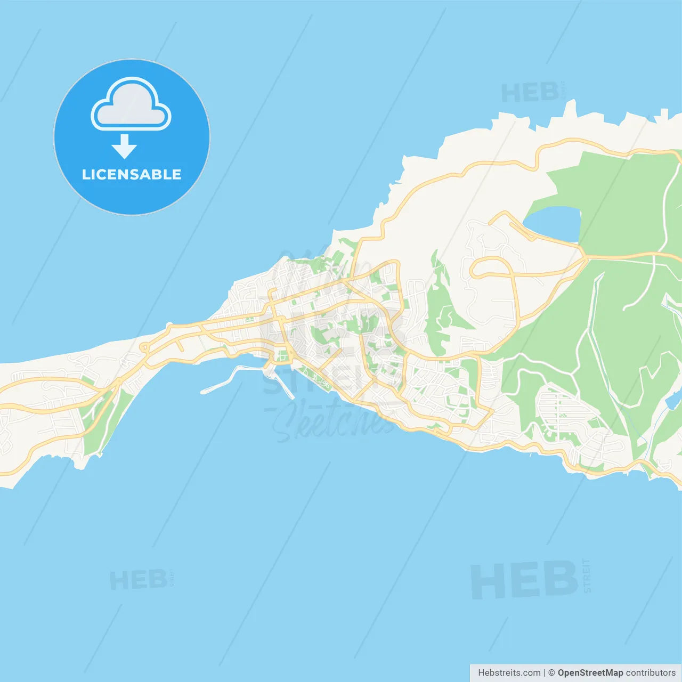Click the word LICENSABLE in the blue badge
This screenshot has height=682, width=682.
[x=132, y=174]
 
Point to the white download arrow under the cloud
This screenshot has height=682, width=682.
[x=124, y=147]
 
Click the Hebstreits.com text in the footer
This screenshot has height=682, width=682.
[x=509, y=673]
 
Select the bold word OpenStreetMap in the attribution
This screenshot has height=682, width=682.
[x=590, y=673]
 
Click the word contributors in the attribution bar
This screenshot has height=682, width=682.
[x=651, y=673]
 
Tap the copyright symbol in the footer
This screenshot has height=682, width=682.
[x=551, y=673]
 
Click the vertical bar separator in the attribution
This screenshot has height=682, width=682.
[x=545, y=673]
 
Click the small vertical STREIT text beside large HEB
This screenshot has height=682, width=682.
[x=587, y=576]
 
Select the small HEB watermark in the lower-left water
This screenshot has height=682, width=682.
[x=138, y=580]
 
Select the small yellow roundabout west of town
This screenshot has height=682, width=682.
[x=143, y=348]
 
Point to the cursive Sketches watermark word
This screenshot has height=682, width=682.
[x=333, y=421]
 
